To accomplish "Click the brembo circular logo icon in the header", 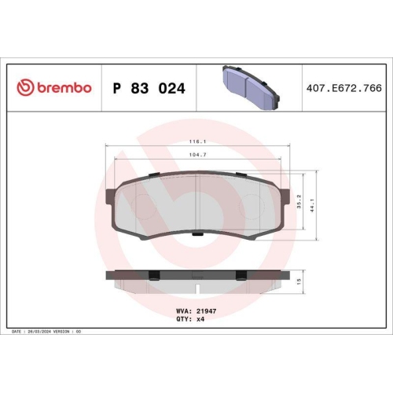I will coord(26,88).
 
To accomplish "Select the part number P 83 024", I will coord(149,89).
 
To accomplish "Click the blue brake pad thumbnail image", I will coord(250,86).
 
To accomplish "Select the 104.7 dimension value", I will coord(196,156).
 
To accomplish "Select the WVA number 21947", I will coord(205,312).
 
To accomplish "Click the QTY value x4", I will coord(201,321).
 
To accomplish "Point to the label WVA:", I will coord(184,312).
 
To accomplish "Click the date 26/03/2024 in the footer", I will coord(39,332).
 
